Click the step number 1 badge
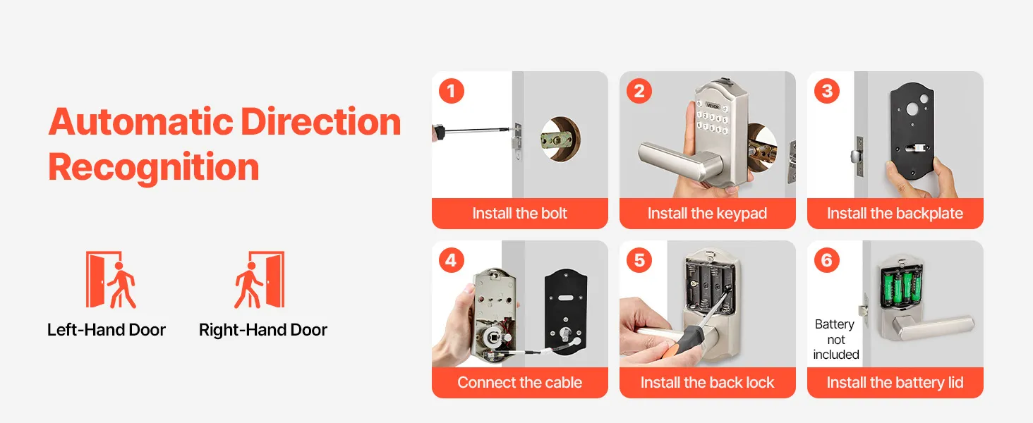click(x=451, y=91)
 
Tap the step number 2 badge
click(x=639, y=91)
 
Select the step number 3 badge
click(x=827, y=91)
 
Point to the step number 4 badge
click(x=451, y=260)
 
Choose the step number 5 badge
click(x=639, y=260)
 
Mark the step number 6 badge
click(x=827, y=260)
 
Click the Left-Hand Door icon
click(x=111, y=280)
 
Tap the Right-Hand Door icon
click(x=259, y=280)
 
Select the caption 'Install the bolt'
click(x=520, y=214)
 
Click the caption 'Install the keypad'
click(x=708, y=214)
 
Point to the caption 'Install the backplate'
click(x=895, y=214)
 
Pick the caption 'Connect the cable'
click(x=520, y=382)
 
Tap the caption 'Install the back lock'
click(x=708, y=382)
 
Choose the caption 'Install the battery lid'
click(x=895, y=382)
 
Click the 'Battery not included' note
click(x=835, y=340)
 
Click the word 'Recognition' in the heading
click(x=154, y=167)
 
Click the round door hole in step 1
click(x=560, y=139)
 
